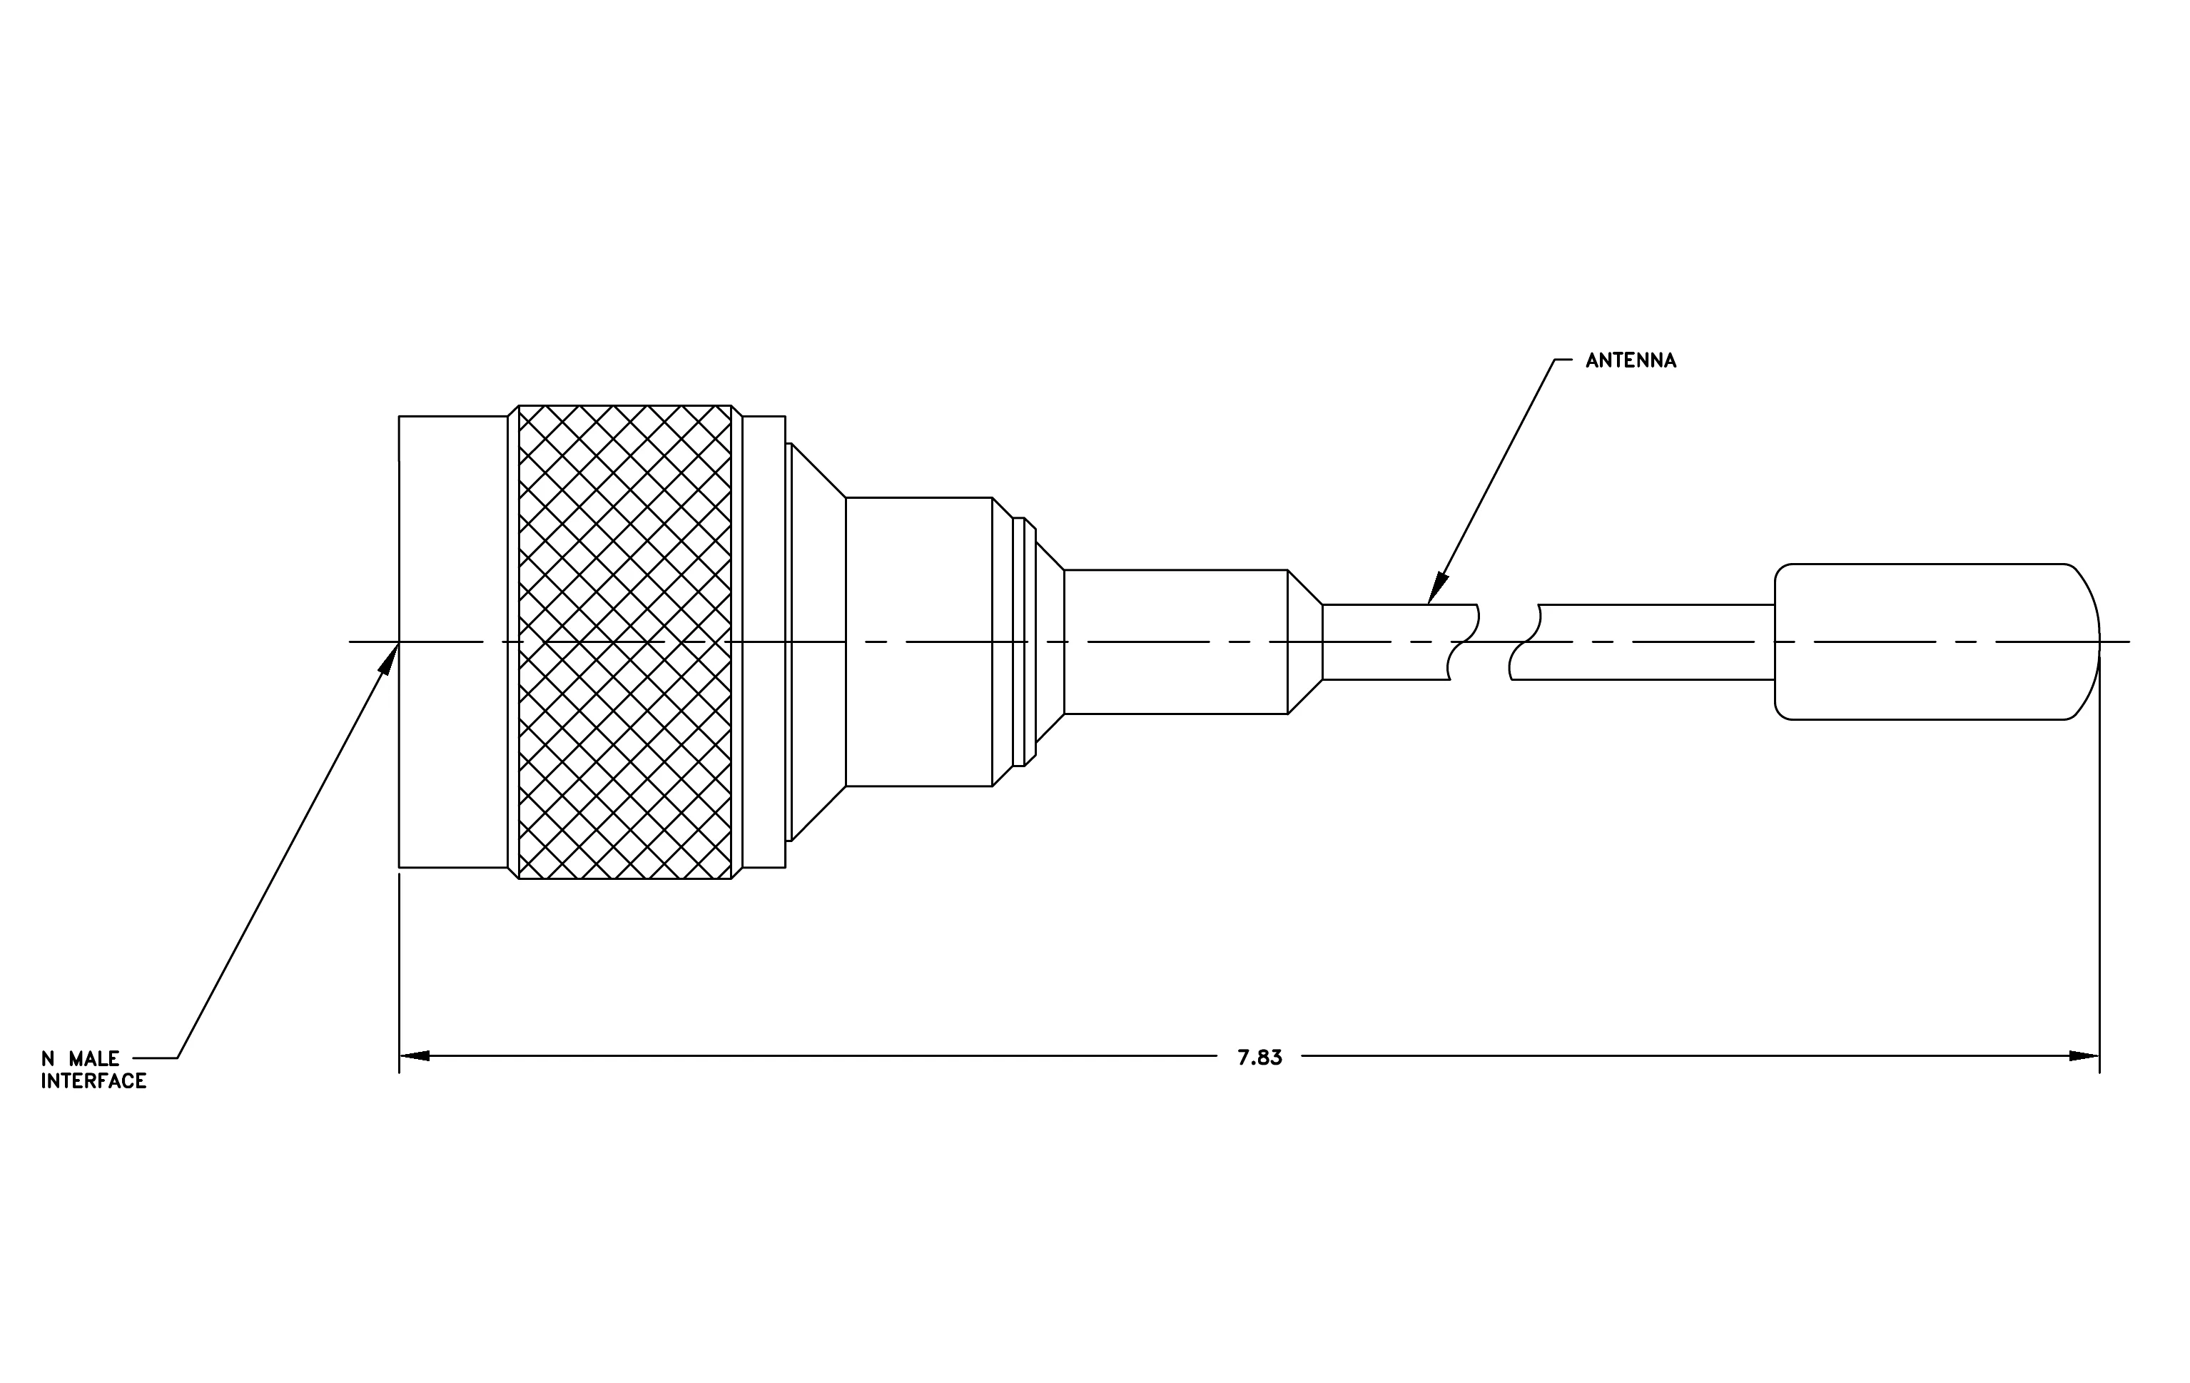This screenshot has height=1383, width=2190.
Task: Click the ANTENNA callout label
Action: [x=1631, y=361]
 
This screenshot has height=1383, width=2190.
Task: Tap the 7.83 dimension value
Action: [x=1259, y=1058]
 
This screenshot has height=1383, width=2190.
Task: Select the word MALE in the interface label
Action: [x=93, y=1059]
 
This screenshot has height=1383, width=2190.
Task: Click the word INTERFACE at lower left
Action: [x=93, y=1081]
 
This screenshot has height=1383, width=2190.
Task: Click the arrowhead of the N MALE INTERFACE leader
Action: [x=389, y=657]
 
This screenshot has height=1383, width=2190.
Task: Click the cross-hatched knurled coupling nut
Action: [x=625, y=642]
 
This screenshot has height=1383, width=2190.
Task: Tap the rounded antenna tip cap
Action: [x=1937, y=642]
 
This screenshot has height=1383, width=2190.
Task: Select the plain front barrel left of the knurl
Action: [x=453, y=642]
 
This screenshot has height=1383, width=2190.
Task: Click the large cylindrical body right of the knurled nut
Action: [x=918, y=642]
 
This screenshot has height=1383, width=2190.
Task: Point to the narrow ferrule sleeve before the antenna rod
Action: [x=1176, y=642]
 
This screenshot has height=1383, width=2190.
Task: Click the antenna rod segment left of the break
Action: [x=1399, y=642]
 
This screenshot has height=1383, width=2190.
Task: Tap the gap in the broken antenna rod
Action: [x=1494, y=642]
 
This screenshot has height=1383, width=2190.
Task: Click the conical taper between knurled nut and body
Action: [x=818, y=642]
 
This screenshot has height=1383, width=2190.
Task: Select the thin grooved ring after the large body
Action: [x=1018, y=642]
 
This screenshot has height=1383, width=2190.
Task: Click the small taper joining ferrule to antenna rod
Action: [x=1305, y=642]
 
